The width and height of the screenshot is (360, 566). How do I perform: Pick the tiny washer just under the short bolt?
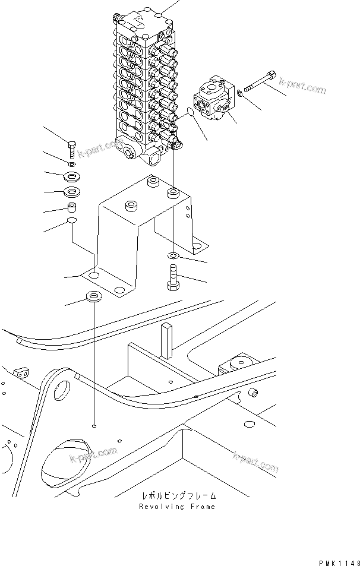71,164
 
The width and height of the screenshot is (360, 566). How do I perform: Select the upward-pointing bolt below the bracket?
172,277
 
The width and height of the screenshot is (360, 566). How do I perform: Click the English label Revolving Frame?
177,507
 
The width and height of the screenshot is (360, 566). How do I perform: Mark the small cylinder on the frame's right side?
252,393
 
